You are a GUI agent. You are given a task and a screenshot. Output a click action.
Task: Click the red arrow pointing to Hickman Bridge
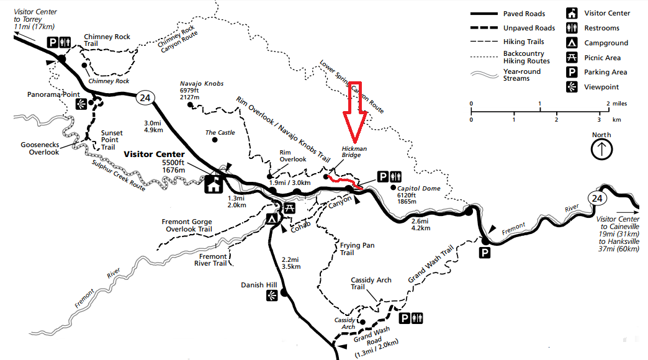356,112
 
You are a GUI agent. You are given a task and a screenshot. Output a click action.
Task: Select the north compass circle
601,149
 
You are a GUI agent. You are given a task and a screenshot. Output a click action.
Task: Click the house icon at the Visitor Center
214,184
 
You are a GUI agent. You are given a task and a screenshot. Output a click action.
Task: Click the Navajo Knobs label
202,83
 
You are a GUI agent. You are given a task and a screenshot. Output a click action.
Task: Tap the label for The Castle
220,133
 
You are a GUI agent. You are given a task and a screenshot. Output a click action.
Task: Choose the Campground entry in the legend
606,43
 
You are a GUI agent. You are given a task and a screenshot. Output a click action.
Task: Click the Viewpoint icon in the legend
570,87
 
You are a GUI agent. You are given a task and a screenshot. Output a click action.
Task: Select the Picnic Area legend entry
602,58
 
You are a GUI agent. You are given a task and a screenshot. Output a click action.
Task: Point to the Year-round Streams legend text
521,75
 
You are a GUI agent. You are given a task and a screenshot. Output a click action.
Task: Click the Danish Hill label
259,286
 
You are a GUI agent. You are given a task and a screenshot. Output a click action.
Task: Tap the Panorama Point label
55,95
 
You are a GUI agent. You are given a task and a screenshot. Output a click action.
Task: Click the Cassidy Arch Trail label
371,283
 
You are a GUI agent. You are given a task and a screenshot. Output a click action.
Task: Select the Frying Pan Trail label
356,249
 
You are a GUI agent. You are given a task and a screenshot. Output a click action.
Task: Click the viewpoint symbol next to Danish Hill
271,297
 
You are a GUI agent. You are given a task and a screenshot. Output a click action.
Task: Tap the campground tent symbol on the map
271,218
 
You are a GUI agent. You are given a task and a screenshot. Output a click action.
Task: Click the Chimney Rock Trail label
107,40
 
